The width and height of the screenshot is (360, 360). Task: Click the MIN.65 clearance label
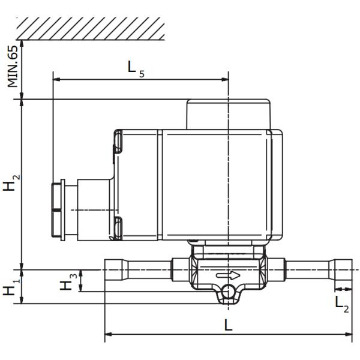coord(13,66)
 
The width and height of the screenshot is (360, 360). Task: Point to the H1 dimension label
coord(10,287)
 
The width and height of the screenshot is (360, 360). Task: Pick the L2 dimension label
coord(341,303)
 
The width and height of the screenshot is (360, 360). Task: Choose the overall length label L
coord(228,325)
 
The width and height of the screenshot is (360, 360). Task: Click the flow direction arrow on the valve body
coord(229,276)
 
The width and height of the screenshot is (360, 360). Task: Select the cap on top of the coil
coord(229,114)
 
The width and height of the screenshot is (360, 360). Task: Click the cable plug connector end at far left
coord(58,210)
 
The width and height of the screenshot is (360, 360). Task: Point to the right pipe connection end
coord(340,275)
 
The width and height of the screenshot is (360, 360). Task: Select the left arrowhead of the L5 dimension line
coord(56,79)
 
